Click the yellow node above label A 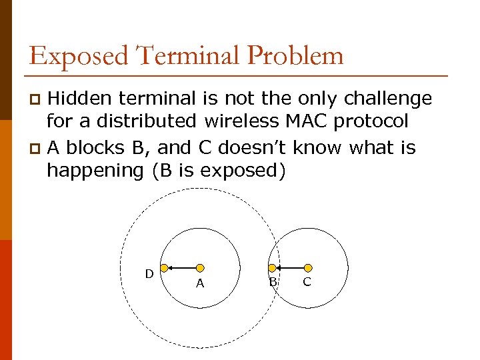(199, 268)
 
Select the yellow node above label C (308, 268)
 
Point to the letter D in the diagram (149, 274)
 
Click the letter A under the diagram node (199, 284)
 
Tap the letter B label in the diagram (273, 282)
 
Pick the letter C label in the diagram (307, 282)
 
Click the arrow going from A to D (181, 268)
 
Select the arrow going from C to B (291, 268)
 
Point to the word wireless (237, 123)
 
